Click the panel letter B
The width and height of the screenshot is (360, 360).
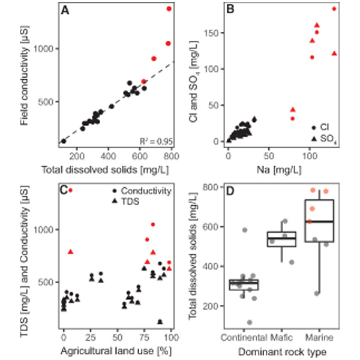[x=230, y=11]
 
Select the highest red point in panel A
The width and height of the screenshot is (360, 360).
[x=169, y=9]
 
